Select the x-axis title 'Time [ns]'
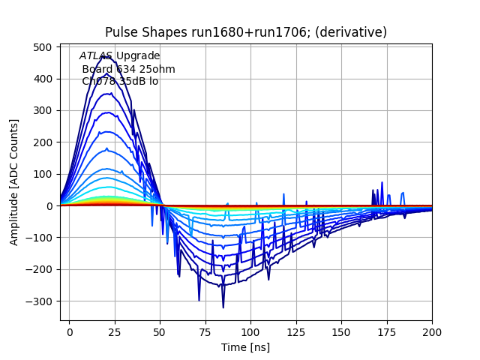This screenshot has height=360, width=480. point(245,347)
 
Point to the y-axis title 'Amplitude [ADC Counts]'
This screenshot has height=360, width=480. point(14,182)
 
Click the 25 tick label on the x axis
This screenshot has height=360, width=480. point(115,331)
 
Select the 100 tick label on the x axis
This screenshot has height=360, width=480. point(250,331)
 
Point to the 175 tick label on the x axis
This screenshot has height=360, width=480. point(386,331)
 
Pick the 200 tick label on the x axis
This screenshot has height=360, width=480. point(431,331)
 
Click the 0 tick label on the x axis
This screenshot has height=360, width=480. point(70,331)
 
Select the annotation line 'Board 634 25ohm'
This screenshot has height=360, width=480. point(128,69)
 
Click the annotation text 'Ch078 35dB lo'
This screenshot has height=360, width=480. point(120,81)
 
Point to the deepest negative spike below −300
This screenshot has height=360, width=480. point(223,307)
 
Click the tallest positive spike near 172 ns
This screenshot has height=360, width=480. point(382,183)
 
